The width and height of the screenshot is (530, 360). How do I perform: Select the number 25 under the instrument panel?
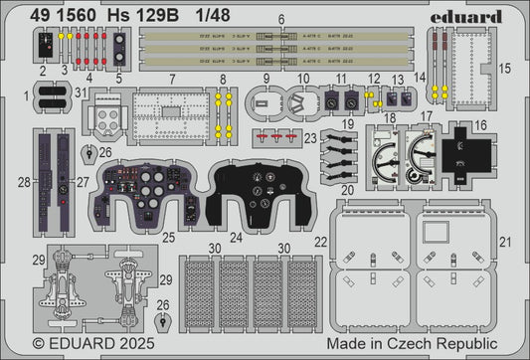pyautogui.click(x=170, y=238)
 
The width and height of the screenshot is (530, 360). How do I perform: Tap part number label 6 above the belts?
pyautogui.click(x=254, y=20)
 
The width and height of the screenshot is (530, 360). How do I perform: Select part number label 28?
pyautogui.click(x=23, y=183)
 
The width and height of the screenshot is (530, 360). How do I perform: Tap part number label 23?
pyautogui.click(x=311, y=137)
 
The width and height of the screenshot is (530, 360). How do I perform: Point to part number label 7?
pyautogui.click(x=172, y=78)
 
